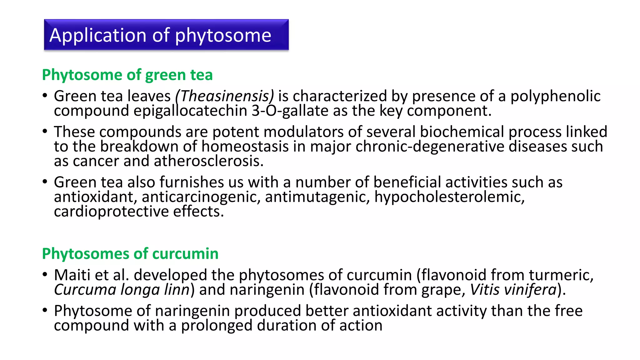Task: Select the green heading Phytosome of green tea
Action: [x=127, y=75]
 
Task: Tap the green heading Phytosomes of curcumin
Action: [x=130, y=253]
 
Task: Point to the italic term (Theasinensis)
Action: [x=224, y=96]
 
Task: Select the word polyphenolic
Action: [x=555, y=96]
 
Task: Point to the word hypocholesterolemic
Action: [x=449, y=197]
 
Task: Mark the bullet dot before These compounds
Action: [x=45, y=131]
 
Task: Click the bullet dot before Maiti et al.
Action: [x=45, y=275]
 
